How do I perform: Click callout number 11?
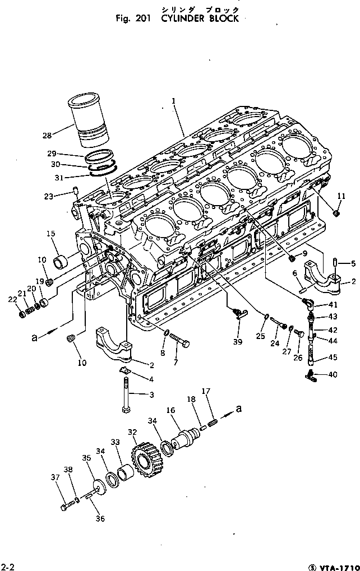[341, 196]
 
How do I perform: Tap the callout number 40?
[334, 375]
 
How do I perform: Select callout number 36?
[100, 518]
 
